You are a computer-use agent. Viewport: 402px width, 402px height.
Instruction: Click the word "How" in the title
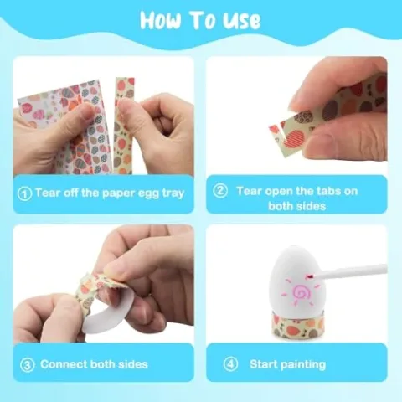click(165, 20)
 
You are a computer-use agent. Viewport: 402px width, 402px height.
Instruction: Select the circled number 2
click(221, 191)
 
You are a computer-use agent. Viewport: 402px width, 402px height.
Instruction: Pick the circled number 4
click(231, 364)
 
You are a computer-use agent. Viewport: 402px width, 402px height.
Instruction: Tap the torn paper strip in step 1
click(124, 126)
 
